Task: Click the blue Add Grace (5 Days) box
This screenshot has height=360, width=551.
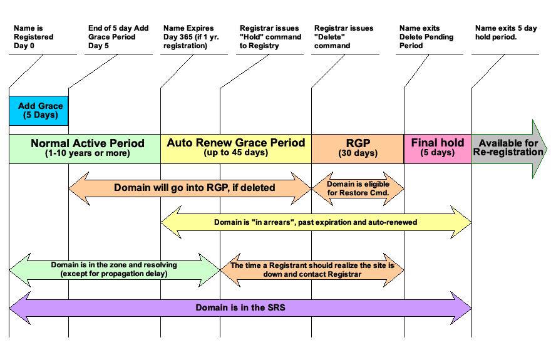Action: [38, 111]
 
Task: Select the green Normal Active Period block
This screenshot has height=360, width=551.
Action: [85, 148]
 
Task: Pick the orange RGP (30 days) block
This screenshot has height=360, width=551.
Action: [358, 148]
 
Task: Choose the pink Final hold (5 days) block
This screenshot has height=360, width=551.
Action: [437, 148]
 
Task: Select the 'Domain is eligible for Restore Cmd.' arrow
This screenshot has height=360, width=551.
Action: [358, 188]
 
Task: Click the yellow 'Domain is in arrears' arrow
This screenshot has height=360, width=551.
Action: [316, 222]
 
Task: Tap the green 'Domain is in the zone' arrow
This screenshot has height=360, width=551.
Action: [114, 270]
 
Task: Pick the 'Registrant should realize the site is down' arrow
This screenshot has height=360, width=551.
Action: [312, 270]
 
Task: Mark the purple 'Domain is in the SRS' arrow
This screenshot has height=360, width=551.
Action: [240, 307]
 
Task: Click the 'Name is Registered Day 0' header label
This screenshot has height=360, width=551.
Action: [34, 37]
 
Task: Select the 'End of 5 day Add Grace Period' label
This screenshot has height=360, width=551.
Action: [118, 37]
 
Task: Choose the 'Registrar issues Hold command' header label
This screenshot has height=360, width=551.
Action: [270, 37]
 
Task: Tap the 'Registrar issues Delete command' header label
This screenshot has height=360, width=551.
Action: [344, 37]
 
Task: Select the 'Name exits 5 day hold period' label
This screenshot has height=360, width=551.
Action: [506, 33]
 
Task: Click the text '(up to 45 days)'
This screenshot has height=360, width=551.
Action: [235, 153]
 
